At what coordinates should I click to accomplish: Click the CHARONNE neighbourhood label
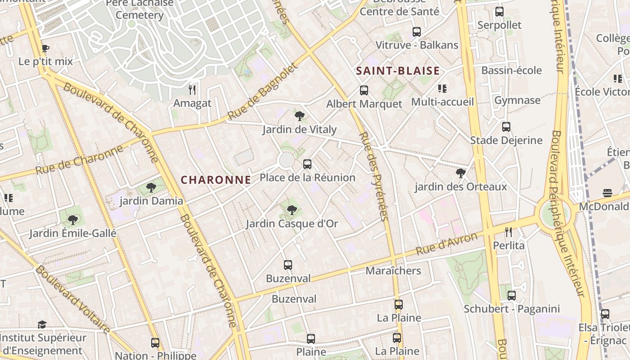pos(216,180)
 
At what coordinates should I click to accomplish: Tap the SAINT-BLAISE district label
pos(398,71)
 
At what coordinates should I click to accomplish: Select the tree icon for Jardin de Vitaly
pos(300,116)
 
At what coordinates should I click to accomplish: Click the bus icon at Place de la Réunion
pos(307,164)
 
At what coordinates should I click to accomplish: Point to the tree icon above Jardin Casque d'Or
pos(292,210)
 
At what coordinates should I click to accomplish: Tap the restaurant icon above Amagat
pos(192,90)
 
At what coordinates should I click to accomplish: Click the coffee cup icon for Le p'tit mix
pos(45,48)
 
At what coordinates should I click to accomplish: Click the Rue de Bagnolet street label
pos(263,91)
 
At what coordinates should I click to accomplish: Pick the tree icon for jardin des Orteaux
pos(460,173)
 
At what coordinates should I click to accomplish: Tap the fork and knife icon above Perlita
pos(508,232)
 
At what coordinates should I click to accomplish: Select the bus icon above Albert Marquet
pos(364,90)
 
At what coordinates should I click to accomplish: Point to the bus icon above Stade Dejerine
pos(506,127)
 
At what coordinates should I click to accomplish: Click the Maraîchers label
pos(393,270)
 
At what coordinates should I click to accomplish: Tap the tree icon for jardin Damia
pos(151,187)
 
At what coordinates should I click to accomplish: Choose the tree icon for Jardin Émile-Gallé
pos(72,220)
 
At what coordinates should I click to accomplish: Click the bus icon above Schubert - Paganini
pos(512,296)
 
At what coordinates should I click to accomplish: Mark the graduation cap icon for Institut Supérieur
pos(42,324)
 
